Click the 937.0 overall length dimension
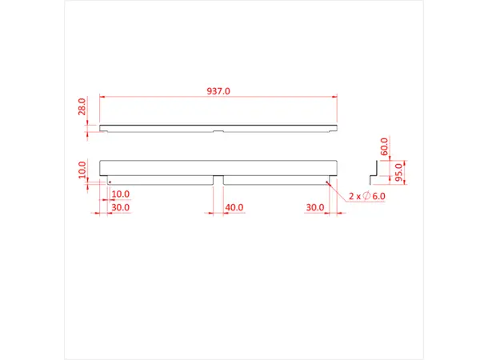[218, 91]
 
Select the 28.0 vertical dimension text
[82, 109]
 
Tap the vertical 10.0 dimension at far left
[82, 170]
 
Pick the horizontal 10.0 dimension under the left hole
[121, 194]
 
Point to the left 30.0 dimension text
[121, 207]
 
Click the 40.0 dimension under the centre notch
[234, 207]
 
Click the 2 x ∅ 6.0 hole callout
[368, 196]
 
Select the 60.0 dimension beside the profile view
[384, 146]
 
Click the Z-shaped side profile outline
[374, 170]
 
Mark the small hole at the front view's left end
[109, 181]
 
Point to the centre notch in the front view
[218, 179]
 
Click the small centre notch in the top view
[218, 129]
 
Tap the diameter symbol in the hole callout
[365, 196]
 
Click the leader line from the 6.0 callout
[338, 189]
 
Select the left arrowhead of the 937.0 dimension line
[102, 98]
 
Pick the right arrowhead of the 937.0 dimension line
[334, 98]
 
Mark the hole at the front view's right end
[328, 181]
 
